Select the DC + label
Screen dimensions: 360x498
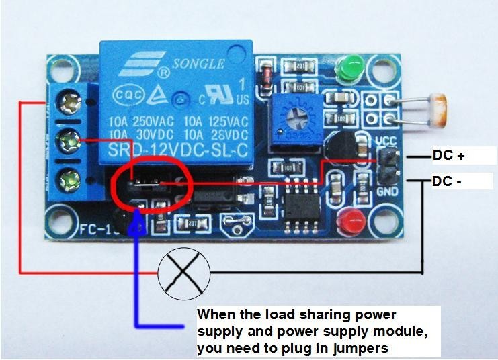(448, 156)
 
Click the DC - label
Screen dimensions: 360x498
(448, 181)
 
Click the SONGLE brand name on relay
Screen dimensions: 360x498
(200, 64)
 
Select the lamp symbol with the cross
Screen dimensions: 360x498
(183, 272)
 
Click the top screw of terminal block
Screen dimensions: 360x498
(69, 103)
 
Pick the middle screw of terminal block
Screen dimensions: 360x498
(69, 140)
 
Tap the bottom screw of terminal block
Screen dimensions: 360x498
(69, 179)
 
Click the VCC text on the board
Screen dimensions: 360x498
(387, 142)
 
